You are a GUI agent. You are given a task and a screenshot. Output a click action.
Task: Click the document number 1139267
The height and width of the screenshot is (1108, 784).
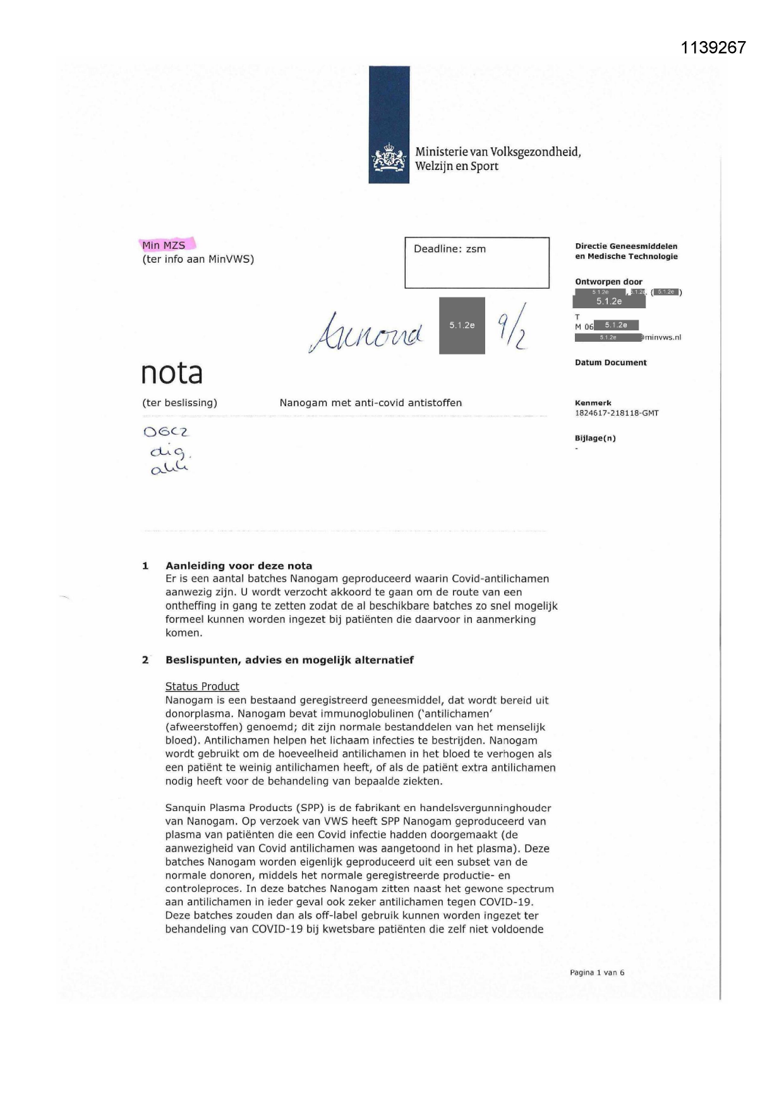(713, 47)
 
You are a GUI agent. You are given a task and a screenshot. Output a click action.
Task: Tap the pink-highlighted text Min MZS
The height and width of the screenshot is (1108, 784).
(164, 245)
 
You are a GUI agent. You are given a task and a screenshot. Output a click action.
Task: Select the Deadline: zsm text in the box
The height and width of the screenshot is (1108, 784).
(450, 249)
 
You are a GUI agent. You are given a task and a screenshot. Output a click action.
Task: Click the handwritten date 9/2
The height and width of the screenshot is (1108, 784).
(512, 327)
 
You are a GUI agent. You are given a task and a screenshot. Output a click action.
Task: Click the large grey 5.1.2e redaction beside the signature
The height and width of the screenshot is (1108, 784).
(462, 325)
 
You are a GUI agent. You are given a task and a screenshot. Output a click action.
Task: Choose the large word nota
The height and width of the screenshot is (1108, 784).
(171, 373)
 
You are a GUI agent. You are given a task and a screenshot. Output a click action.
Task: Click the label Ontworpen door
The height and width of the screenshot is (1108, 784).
(608, 282)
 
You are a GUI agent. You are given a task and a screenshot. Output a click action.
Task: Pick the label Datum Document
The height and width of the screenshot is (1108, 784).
(610, 363)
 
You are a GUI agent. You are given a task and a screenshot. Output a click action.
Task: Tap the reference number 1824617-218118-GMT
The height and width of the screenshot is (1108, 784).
(617, 413)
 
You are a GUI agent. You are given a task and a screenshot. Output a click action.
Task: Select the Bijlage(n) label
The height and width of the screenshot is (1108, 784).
(595, 438)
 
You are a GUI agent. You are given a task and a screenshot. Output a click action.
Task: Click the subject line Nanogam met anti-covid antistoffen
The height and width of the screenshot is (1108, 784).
(370, 403)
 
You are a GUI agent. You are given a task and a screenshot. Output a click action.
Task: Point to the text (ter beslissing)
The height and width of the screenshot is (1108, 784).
(179, 403)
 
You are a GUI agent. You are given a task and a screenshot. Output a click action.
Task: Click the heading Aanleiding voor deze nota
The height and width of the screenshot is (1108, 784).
(239, 566)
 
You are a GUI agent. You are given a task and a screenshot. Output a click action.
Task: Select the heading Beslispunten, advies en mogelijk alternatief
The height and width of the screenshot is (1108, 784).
(289, 660)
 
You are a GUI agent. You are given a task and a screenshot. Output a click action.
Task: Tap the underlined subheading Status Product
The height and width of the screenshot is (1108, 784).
(202, 687)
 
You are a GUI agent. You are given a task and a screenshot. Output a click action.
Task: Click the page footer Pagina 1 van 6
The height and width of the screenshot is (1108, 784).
(597, 973)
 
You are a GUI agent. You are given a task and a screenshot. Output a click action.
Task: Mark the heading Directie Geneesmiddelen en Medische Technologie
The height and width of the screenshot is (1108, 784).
(626, 251)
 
